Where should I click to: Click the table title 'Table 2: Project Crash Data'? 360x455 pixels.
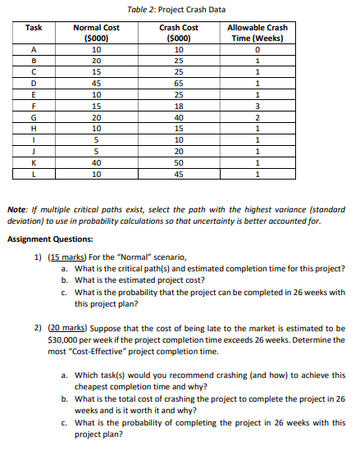pyautogui.click(x=178, y=8)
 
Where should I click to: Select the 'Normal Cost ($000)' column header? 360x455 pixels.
pyautogui.click(x=96, y=32)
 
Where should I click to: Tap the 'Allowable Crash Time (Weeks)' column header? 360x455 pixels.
pyautogui.click(x=257, y=32)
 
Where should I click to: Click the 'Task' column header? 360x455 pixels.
pyautogui.click(x=34, y=28)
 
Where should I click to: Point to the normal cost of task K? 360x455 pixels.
pyautogui.click(x=96, y=163)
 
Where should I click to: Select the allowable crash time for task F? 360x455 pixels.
pyautogui.click(x=257, y=106)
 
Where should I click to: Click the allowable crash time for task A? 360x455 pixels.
pyautogui.click(x=257, y=48)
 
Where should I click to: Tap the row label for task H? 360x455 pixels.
pyautogui.click(x=34, y=129)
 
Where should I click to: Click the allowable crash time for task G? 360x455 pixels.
pyautogui.click(x=257, y=117)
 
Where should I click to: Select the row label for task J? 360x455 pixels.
pyautogui.click(x=34, y=152)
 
